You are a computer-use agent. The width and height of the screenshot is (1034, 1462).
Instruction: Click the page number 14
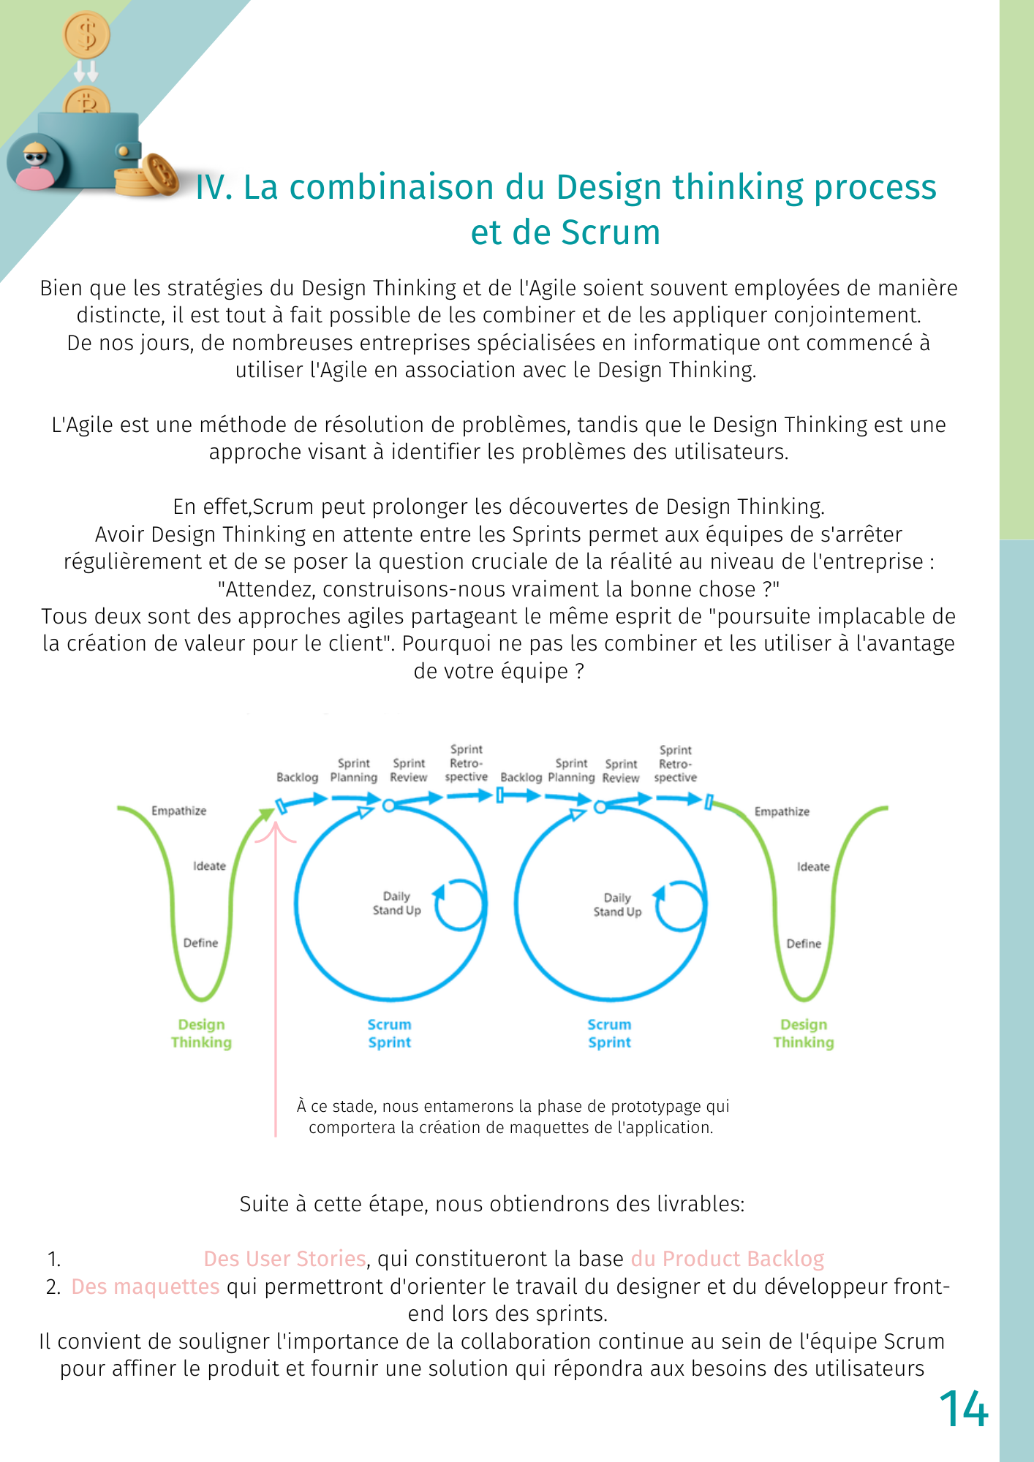coord(963,1409)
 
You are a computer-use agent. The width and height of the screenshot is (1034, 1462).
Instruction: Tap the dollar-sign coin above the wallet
coord(87,34)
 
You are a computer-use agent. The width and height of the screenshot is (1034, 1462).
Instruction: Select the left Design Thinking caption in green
coord(201,1034)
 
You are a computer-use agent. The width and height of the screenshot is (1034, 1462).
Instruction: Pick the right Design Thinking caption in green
coord(803,1034)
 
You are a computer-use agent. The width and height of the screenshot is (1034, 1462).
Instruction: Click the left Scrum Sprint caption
coord(389,1034)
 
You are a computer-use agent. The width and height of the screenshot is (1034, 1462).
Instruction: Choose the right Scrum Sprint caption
coord(609,1034)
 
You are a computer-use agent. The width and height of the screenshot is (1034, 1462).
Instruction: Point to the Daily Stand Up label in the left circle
coord(396,904)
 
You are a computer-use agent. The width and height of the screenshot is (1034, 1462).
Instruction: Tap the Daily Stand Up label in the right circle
coord(617,905)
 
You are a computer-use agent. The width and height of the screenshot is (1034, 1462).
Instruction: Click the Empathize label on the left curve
coord(178,811)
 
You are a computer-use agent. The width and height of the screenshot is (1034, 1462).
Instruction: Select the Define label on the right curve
coord(804,944)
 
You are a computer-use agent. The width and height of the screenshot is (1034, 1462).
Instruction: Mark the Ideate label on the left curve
coord(209,866)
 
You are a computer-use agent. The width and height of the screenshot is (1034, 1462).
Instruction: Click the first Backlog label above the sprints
coord(297,778)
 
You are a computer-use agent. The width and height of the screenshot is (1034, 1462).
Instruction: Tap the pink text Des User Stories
coord(284,1259)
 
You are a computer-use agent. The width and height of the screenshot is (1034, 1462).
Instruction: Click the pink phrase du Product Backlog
coord(728,1259)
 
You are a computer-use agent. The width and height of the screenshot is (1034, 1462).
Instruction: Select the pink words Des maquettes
coord(145,1287)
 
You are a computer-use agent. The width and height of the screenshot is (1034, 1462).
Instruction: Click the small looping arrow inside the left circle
coord(458,905)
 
